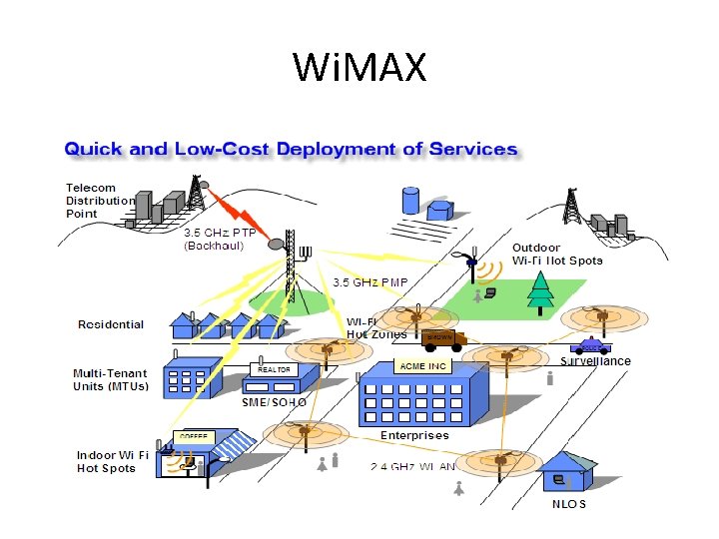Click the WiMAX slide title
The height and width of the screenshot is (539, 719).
(359, 68)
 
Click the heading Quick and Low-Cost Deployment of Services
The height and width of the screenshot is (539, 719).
(291, 150)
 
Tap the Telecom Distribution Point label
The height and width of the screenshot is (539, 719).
(99, 200)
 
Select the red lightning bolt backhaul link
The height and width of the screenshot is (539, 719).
(232, 208)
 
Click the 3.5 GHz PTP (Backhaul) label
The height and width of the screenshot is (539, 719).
(219, 239)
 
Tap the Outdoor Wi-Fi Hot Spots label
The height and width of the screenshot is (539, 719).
(557, 254)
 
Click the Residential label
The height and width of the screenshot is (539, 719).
(111, 324)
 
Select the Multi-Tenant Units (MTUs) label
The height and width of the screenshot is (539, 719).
(110, 380)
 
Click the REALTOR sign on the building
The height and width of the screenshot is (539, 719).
(273, 369)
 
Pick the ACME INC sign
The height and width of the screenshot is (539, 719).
(422, 366)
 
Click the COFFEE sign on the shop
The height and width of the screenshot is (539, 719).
(194, 437)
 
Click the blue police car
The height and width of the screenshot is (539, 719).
(590, 347)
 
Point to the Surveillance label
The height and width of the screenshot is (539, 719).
(595, 361)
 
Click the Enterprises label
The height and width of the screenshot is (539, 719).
(414, 435)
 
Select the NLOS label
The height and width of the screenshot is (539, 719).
(569, 504)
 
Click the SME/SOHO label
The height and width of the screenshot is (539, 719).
(274, 401)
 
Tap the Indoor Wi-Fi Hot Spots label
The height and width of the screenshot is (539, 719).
(113, 461)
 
